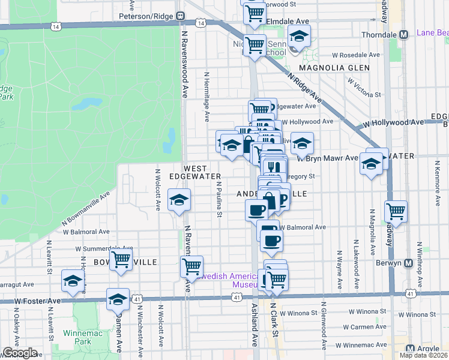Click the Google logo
[x=20, y=353]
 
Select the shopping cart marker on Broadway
[x=396, y=212]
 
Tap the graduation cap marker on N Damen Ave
[x=118, y=299]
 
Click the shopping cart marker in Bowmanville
[x=121, y=260]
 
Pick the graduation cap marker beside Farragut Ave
[x=73, y=281]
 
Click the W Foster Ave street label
[x=38, y=301]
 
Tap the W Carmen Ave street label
[x=364, y=328]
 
